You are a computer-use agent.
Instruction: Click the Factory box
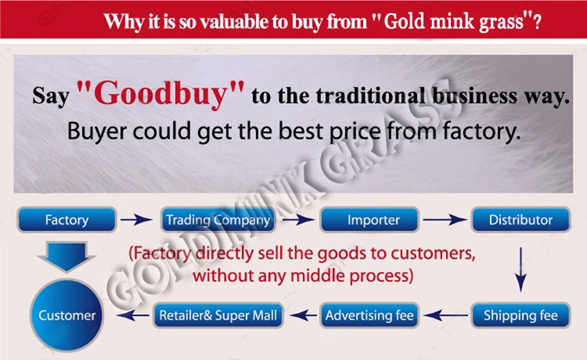click(67, 220)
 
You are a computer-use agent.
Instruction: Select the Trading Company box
click(218, 220)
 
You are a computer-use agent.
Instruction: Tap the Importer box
click(369, 220)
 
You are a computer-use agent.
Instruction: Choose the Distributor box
click(520, 220)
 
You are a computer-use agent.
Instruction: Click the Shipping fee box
click(520, 315)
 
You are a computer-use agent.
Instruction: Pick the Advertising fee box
click(369, 315)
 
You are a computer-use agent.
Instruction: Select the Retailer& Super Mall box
click(218, 315)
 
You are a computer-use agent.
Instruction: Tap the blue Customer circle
click(67, 315)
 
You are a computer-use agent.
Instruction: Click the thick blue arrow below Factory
click(67, 257)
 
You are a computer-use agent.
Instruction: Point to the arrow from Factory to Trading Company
click(136, 220)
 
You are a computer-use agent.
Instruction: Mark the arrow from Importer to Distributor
click(445, 220)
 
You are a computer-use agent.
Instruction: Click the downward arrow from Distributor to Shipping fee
click(520, 269)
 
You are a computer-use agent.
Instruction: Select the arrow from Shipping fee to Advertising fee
click(446, 315)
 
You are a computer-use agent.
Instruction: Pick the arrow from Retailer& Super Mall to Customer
click(132, 315)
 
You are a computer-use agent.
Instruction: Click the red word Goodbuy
click(160, 94)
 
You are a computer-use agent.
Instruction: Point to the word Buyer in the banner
click(96, 131)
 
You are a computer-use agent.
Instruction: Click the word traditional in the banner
click(371, 95)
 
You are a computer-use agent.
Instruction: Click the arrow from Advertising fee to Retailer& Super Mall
click(303, 315)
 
